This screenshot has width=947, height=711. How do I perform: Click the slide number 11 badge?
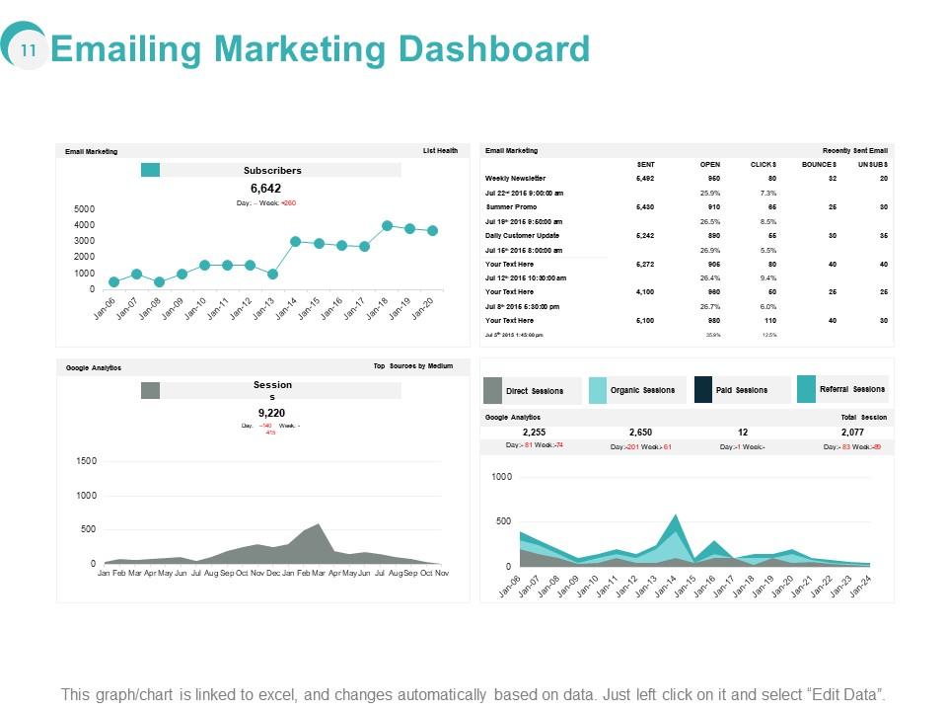(28, 50)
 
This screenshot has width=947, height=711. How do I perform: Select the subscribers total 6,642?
(265, 189)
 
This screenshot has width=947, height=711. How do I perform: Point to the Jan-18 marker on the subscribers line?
(387, 226)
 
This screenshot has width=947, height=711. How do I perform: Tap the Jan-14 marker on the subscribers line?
(295, 241)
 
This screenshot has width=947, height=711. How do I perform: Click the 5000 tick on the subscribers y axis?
(85, 209)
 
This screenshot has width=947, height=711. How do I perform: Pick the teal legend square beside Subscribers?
(150, 170)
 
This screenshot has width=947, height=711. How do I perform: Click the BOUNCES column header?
(819, 164)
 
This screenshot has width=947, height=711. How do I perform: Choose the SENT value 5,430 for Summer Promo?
(645, 207)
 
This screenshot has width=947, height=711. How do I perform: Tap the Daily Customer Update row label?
(523, 236)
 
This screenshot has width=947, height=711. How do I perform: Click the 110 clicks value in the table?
(769, 321)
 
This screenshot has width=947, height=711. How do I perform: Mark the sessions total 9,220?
(271, 413)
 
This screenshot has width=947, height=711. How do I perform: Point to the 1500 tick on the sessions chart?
(86, 461)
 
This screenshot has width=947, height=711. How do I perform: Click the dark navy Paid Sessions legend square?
(703, 390)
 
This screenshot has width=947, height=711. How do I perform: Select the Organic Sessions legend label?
(642, 390)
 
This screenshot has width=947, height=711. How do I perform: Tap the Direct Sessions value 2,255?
(534, 433)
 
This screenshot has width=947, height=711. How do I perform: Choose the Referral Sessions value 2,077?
(852, 433)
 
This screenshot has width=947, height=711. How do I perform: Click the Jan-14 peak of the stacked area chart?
(675, 515)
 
